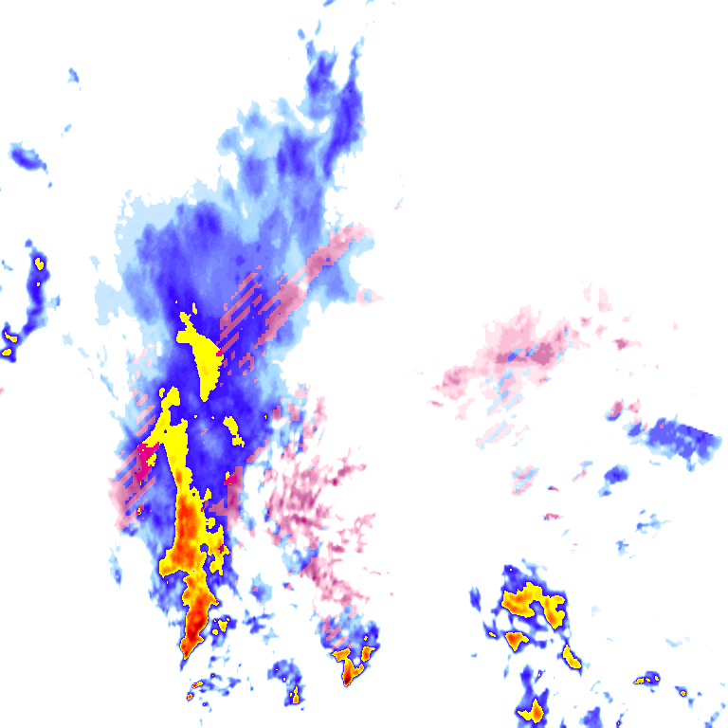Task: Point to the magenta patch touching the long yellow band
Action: pos(147,458)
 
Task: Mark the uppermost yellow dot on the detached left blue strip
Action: pos(39,262)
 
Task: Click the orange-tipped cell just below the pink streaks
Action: pos(353,664)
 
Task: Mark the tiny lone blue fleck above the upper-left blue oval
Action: pos(73,75)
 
